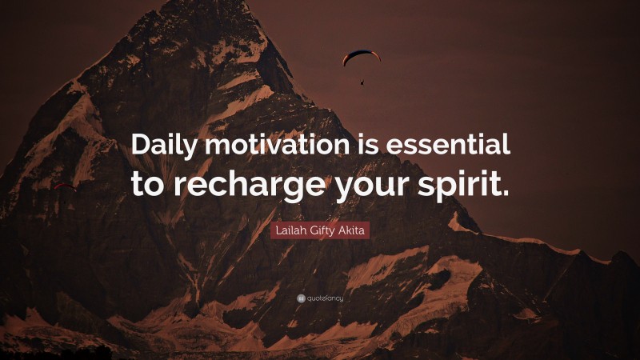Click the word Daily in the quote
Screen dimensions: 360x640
[x=165, y=146]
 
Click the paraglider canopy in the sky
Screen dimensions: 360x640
[x=362, y=56]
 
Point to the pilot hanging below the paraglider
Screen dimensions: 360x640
[x=362, y=81]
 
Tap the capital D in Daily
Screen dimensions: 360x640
[x=142, y=146]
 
